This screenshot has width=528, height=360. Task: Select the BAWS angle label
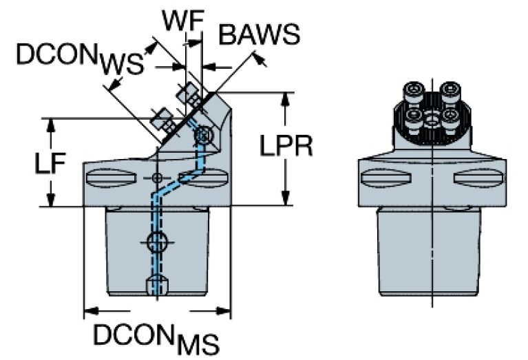point(258,34)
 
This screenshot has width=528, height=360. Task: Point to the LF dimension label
point(50,165)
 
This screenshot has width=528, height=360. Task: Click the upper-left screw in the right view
point(414,90)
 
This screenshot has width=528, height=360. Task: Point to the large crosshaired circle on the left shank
point(157,242)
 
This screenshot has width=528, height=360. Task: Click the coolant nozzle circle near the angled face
point(202,137)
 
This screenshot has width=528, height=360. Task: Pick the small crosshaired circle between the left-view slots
point(158,179)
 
